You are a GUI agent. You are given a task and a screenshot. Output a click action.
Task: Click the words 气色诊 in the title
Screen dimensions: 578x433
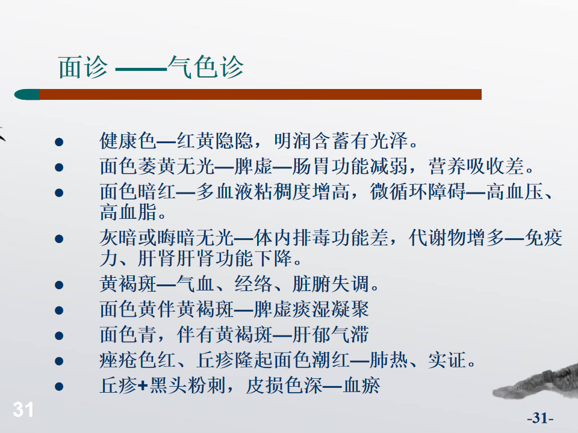click(206, 67)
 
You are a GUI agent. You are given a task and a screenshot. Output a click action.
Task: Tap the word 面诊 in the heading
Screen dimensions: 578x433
click(83, 67)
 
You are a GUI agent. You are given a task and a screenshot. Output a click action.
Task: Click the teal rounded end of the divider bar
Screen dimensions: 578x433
click(27, 94)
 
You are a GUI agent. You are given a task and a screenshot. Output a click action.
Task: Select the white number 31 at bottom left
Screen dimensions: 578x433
click(23, 409)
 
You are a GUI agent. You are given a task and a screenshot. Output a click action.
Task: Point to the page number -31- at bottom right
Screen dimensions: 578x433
click(540, 418)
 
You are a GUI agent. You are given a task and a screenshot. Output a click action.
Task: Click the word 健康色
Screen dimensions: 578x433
click(128, 141)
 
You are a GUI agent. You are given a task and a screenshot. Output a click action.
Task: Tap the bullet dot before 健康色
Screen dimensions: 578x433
click(59, 142)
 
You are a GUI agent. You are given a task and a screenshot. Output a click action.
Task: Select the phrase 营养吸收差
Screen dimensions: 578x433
click(477, 166)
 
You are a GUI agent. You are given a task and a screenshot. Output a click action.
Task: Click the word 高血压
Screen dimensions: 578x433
click(515, 192)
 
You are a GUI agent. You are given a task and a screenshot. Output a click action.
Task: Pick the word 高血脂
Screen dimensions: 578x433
click(128, 212)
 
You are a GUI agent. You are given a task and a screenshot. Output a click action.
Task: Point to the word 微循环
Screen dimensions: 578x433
click(399, 192)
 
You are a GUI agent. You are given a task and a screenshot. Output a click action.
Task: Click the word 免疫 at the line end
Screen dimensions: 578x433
click(544, 238)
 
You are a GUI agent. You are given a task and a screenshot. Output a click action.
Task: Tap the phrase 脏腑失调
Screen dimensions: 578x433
click(331, 284)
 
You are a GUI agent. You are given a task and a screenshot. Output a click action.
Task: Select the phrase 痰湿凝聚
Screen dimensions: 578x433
click(331, 309)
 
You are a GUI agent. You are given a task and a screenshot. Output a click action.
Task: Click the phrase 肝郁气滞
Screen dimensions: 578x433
click(331, 335)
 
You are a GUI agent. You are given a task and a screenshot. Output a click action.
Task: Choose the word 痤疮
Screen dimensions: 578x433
click(119, 360)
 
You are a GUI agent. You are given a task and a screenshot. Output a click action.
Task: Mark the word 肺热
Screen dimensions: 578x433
click(388, 360)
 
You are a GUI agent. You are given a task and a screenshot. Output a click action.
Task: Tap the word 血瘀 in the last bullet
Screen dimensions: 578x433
click(362, 385)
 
